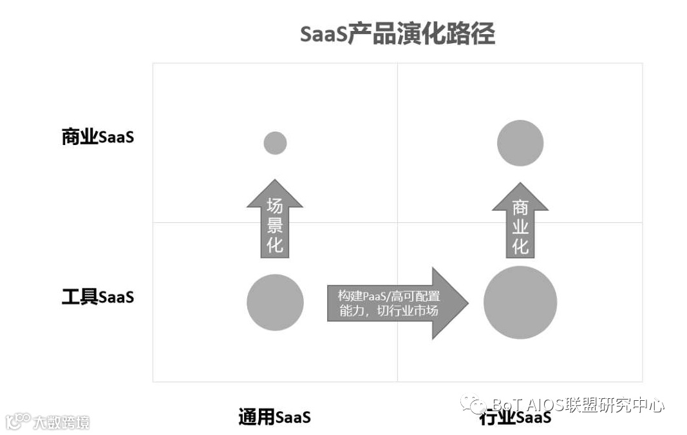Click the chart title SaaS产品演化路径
coord(397,34)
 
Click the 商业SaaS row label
coord(98,137)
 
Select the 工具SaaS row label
coord(98,297)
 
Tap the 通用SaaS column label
coord(274,417)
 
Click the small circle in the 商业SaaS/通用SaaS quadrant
coord(275,143)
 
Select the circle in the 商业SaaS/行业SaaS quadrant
coord(520,143)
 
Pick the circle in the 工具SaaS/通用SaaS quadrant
coord(275,302)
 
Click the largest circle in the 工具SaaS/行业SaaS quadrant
coord(520,302)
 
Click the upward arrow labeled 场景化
coord(275,222)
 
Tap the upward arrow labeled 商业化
coord(520,222)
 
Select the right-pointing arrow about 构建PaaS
coord(393,303)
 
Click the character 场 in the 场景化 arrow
coord(275,206)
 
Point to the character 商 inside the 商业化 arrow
coord(520,207)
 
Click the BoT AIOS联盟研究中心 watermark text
coord(578,405)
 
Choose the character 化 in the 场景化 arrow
coord(275,246)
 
